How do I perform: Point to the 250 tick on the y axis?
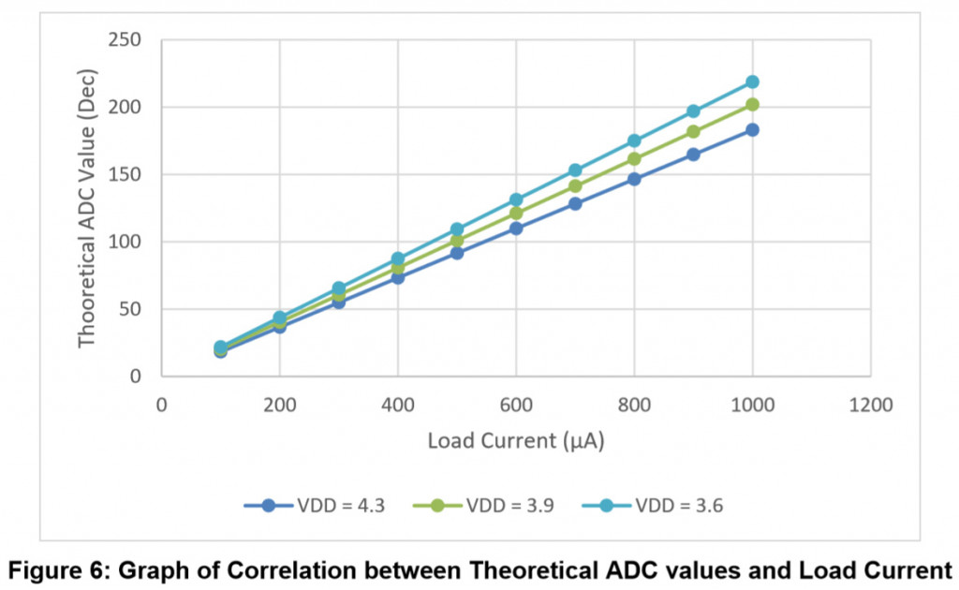point(124,40)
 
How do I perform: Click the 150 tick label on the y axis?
point(124,175)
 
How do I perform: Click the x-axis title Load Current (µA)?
point(516,441)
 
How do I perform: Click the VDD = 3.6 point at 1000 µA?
point(752,81)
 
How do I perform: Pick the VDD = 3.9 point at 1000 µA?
point(752,104)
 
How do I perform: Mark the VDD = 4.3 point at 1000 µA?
point(752,129)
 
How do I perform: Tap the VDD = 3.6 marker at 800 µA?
point(634,140)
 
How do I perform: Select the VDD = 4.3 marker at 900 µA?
point(693,154)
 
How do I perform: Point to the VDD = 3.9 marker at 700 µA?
point(575,185)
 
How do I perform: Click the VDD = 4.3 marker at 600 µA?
point(516,228)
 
